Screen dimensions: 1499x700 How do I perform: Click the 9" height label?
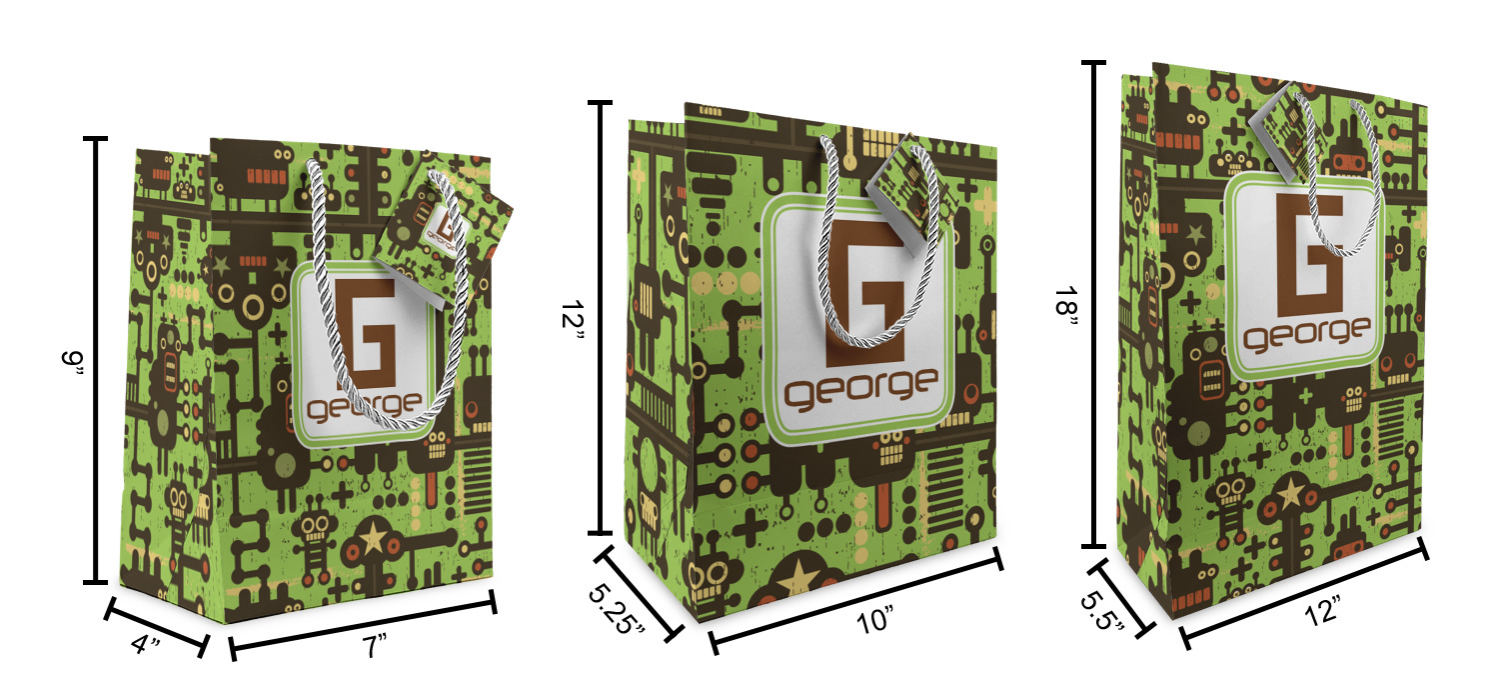point(73,365)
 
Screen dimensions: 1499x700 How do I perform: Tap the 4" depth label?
point(146,644)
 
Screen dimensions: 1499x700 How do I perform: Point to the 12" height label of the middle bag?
point(573,323)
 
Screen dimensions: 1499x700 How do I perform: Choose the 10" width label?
point(875,620)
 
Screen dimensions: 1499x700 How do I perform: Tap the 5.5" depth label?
point(1102,611)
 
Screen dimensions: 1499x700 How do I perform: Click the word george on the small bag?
point(364,406)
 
